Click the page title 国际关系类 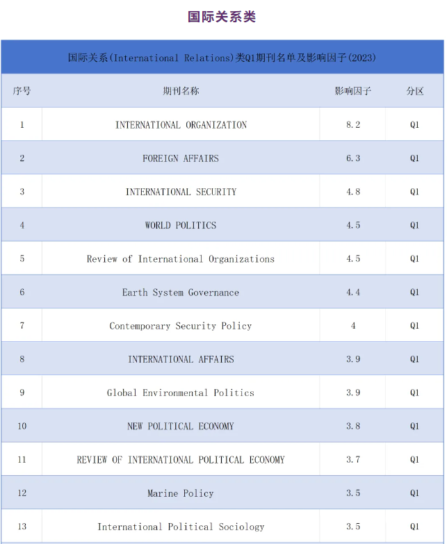[222, 17]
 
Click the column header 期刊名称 [181, 91]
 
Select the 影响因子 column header [353, 91]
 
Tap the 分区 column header [415, 91]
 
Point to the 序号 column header [22, 91]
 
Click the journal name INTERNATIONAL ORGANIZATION [181, 125]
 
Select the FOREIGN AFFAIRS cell [181, 158]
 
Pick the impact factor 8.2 [353, 125]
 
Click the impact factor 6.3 [353, 158]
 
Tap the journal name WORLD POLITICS [181, 225]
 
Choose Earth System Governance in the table [181, 292]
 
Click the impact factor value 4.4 [353, 292]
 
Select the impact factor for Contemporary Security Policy [353, 325]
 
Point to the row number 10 [22, 426]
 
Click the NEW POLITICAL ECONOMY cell [181, 426]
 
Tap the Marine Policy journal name [181, 493]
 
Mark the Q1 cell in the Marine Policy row [415, 493]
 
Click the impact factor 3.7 [353, 459]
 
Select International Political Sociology [181, 527]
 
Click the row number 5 [22, 258]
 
